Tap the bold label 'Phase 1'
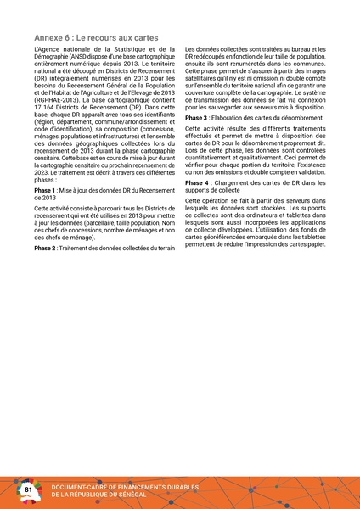tap(46, 191)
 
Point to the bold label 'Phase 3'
tap(197, 118)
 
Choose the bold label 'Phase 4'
tap(197, 183)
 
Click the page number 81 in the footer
tap(27, 489)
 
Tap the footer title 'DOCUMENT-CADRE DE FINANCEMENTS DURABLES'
tap(125, 487)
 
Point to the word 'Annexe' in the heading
tap(48, 39)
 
